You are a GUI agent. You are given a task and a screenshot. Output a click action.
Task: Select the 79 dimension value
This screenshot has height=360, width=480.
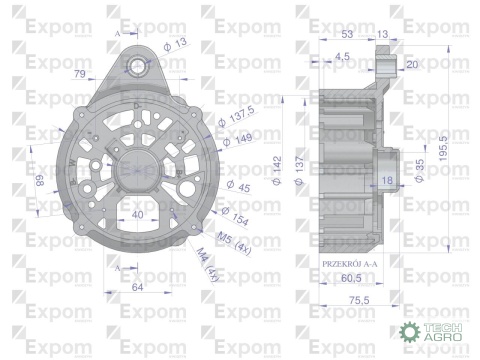pos(79,73)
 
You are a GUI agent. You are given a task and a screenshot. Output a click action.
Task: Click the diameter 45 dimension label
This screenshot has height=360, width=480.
pos(238,187)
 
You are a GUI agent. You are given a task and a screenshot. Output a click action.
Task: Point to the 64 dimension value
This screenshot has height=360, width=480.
pos(139,288)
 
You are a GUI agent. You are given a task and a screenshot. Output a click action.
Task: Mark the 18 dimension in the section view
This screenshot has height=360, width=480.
pos(387,180)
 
